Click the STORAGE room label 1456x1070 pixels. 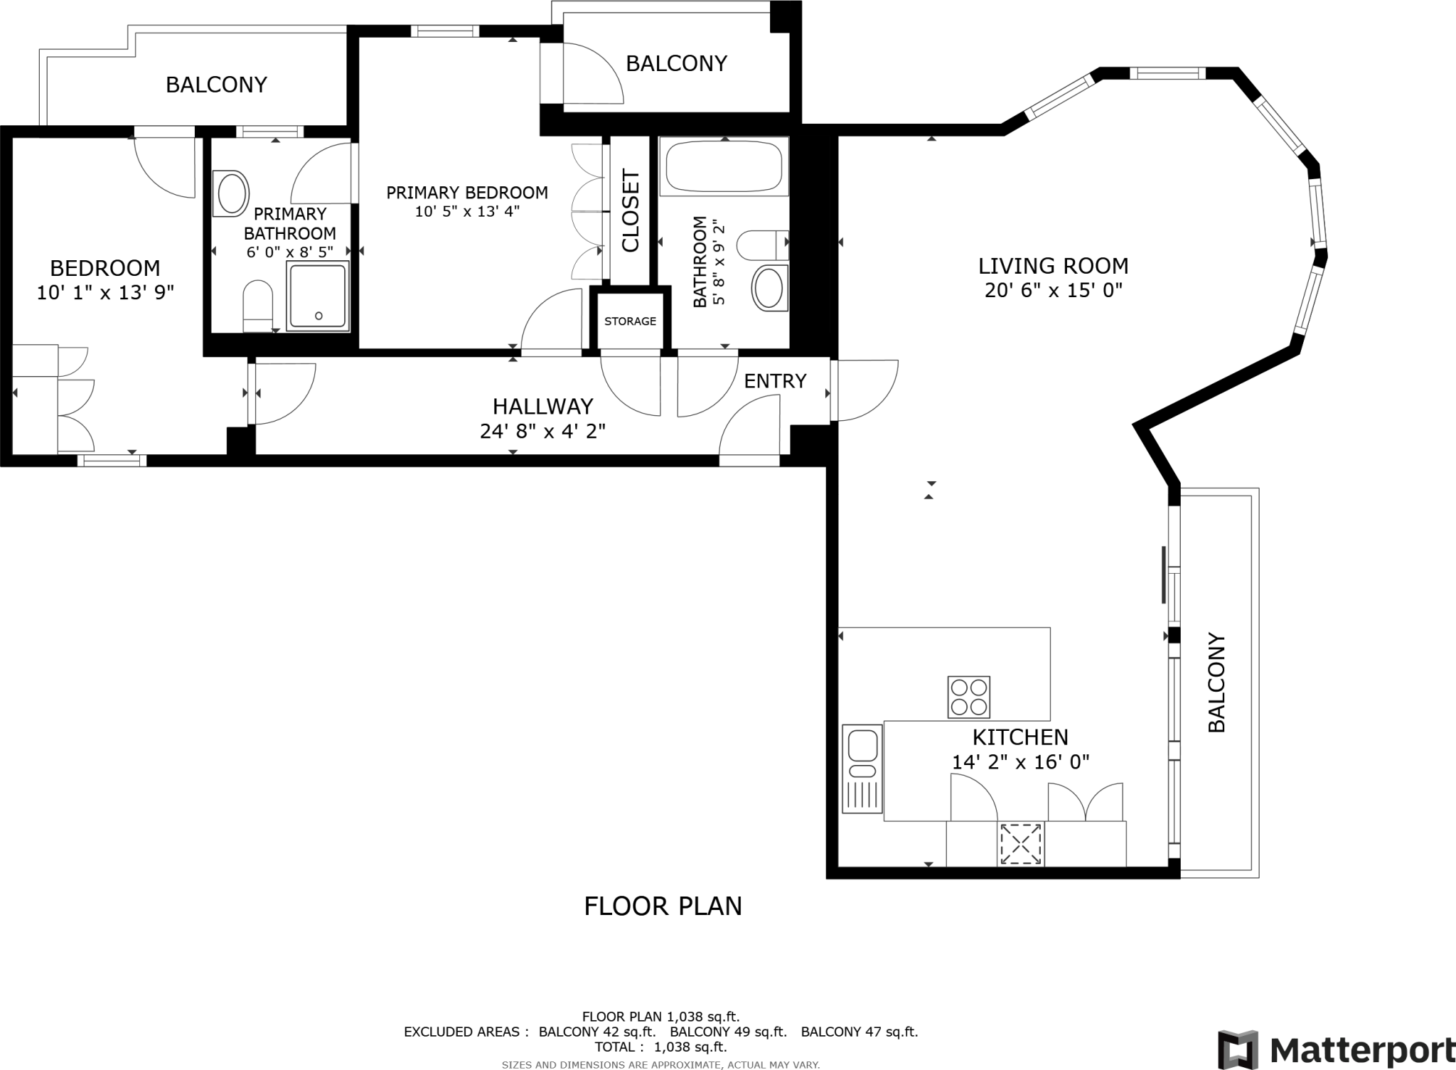(630, 321)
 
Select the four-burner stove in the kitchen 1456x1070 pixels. (968, 697)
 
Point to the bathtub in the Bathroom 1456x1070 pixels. (724, 166)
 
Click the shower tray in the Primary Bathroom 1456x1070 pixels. (318, 296)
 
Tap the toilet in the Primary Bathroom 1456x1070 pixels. (258, 306)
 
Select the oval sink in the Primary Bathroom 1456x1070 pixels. (232, 193)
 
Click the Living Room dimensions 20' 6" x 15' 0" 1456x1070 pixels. (1053, 290)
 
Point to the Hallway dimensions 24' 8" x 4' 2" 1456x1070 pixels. (542, 431)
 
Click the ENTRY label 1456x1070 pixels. (775, 381)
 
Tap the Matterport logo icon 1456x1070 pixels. (1238, 1049)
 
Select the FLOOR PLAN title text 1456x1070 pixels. (663, 906)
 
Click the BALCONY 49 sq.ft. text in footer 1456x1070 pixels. (728, 1032)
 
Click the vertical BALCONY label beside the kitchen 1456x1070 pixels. (1217, 683)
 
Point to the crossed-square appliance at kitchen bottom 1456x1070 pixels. (1021, 844)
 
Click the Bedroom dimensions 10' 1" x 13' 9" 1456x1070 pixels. (105, 292)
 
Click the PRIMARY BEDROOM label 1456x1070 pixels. (467, 193)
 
